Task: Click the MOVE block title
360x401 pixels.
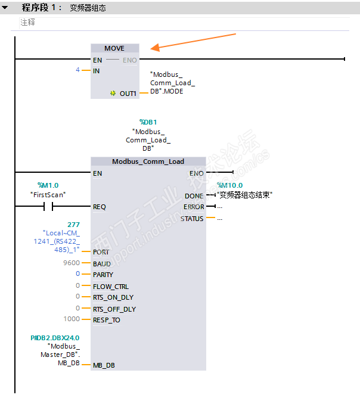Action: click(114, 48)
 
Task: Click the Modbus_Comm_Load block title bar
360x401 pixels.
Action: click(148, 161)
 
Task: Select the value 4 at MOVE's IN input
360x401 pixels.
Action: click(77, 70)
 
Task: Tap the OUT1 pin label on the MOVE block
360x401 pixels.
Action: click(128, 94)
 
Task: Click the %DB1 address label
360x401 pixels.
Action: click(148, 122)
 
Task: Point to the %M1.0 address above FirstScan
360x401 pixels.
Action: click(48, 185)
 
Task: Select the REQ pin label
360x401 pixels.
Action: click(100, 207)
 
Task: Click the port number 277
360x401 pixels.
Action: click(74, 224)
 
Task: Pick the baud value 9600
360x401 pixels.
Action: click(71, 263)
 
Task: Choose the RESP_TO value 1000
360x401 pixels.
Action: click(72, 319)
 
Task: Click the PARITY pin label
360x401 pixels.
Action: click(103, 275)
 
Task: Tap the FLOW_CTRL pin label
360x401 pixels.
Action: click(110, 286)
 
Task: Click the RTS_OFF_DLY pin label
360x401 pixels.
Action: click(114, 309)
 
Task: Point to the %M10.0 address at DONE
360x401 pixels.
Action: click(230, 185)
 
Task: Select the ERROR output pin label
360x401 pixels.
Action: click(193, 207)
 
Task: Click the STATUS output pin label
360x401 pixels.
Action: click(192, 218)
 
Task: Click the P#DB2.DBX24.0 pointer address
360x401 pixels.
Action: click(55, 338)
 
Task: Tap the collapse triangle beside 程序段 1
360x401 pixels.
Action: click(5, 8)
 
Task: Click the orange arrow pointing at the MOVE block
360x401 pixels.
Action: click(194, 41)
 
